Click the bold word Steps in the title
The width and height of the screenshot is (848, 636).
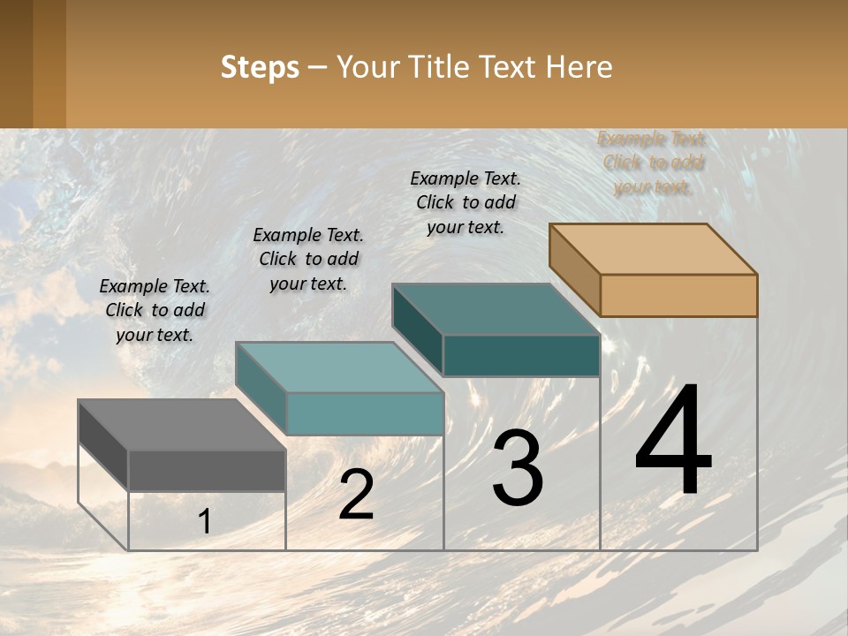coord(260,67)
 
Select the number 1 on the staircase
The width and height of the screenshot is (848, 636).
coord(205,522)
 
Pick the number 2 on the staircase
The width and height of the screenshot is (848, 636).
coord(356,496)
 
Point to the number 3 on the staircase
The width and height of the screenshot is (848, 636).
coord(518,468)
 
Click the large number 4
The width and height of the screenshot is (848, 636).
coord(673,441)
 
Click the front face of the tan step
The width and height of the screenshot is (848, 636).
coord(678,295)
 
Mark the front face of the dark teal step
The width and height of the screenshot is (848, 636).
coord(521,355)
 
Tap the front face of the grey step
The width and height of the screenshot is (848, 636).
coord(207,470)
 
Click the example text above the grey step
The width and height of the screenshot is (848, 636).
coord(155,311)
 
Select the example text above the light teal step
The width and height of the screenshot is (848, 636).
coord(308,260)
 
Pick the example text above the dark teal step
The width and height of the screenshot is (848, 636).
coord(466,202)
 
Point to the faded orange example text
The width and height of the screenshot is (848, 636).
coord(653,163)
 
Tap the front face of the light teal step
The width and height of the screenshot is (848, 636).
coord(364,413)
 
